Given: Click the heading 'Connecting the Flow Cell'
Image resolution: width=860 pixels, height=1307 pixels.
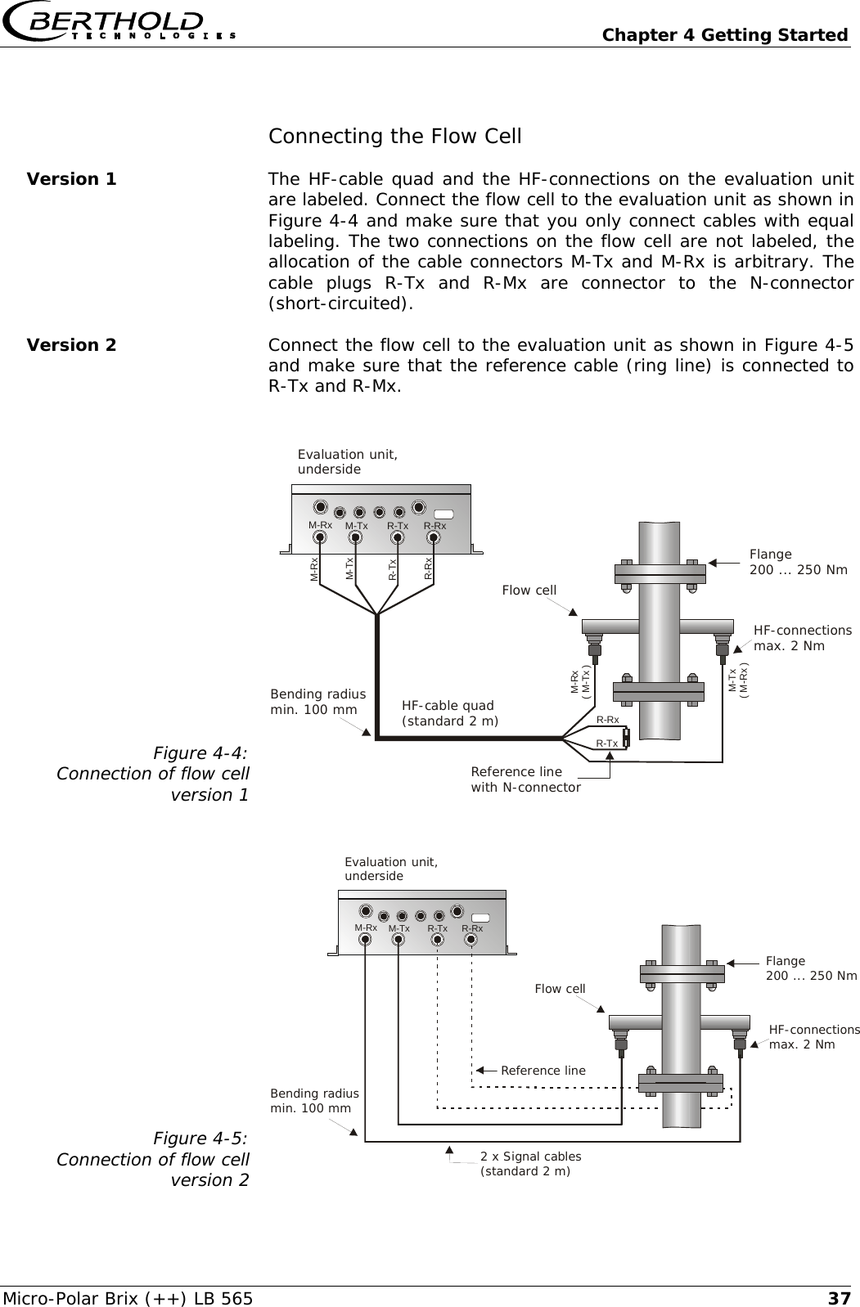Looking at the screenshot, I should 394,136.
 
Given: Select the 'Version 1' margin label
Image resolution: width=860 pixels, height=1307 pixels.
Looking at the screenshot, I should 72,179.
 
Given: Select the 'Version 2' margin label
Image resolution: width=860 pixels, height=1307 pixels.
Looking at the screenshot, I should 72,345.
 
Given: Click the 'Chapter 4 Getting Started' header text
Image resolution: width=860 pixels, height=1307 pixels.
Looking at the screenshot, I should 724,35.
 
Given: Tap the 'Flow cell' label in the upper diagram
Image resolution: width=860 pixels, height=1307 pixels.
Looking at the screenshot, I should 529,591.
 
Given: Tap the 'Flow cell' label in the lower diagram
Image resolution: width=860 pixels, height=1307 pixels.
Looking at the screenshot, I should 560,989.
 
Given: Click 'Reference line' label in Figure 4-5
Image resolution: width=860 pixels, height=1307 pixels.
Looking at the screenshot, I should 543,1070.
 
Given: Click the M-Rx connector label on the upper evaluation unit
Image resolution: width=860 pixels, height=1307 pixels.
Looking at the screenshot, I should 320,525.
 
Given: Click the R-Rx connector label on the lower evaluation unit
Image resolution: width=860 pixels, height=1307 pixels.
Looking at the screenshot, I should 472,928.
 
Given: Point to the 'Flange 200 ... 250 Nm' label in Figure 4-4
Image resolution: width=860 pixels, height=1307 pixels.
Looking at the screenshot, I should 798,562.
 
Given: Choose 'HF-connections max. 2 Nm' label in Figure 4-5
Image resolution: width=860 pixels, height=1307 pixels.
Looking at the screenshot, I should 814,1037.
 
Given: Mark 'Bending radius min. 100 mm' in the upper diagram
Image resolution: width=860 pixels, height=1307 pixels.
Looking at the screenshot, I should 317,702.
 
